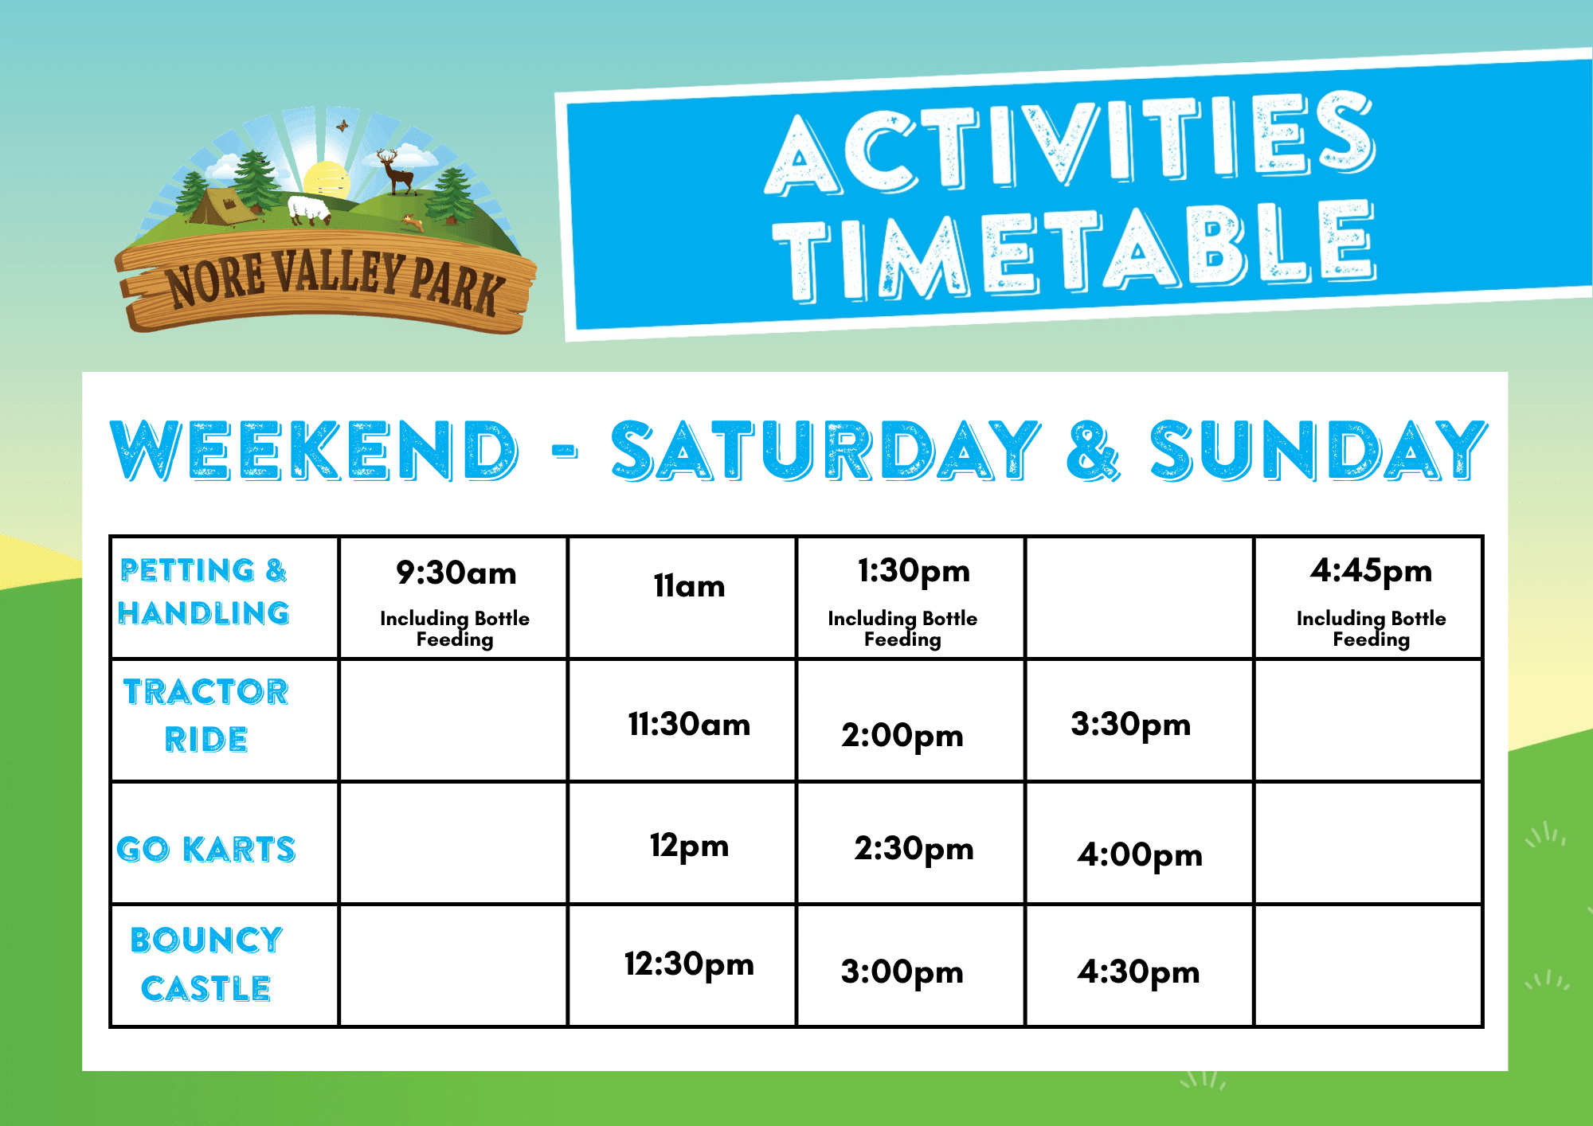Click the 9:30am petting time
click(x=456, y=573)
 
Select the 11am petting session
click(x=690, y=586)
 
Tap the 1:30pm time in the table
click(x=914, y=572)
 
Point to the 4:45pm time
click(x=1371, y=572)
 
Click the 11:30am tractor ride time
click(x=689, y=725)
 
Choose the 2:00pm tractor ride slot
click(x=902, y=735)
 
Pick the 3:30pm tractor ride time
click(x=1131, y=725)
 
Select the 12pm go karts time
click(x=690, y=846)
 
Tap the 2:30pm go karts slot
click(x=914, y=849)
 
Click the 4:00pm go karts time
click(x=1140, y=855)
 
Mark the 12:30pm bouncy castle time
click(x=689, y=964)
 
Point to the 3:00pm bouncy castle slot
click(x=902, y=972)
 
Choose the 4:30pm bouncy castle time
click(x=1139, y=972)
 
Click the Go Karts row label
click(x=206, y=850)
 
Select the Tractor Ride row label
click(x=206, y=715)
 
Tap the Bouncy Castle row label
click(x=206, y=964)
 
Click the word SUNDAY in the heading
click(x=1318, y=451)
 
